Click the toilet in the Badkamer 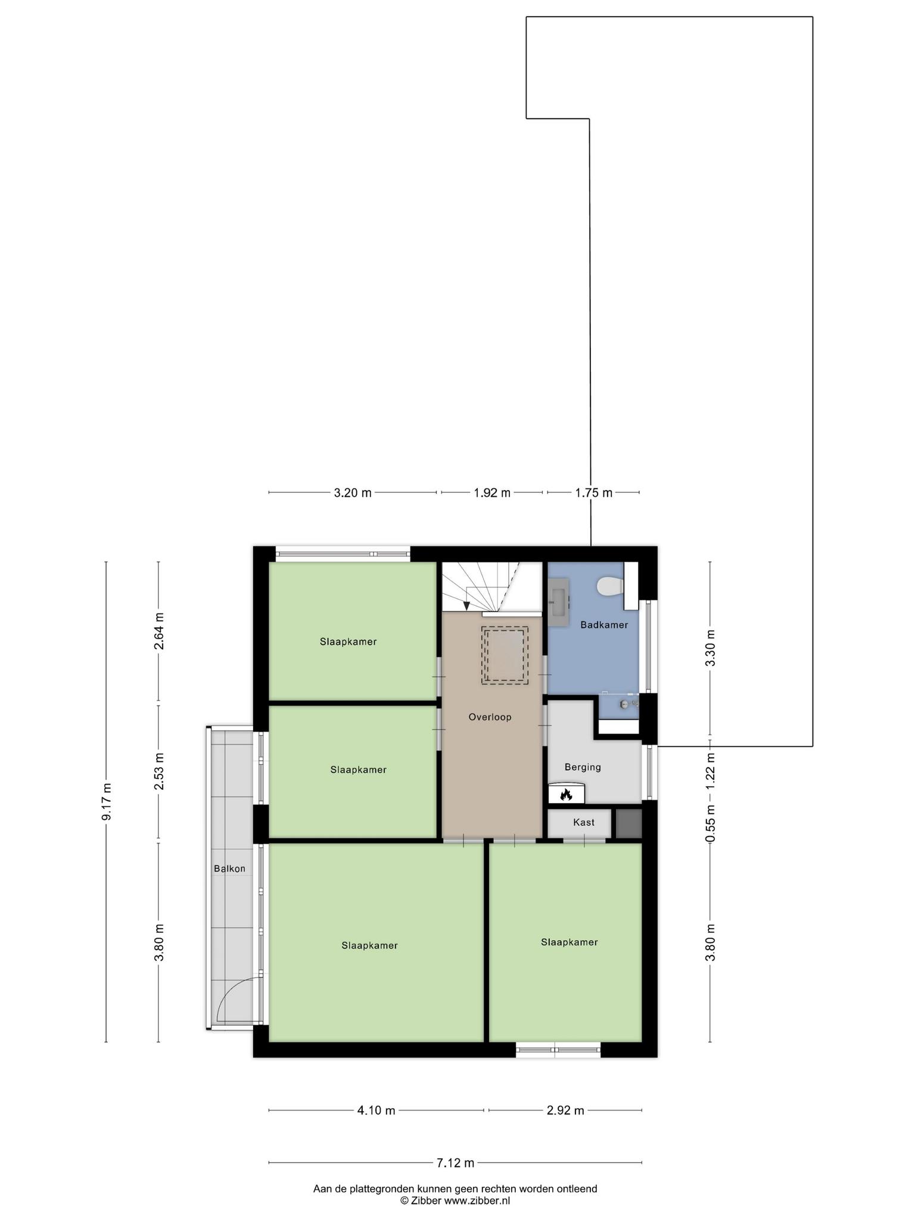(x=611, y=586)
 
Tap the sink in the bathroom (x=558, y=602)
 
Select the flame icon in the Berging (x=566, y=794)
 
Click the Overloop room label (x=490, y=717)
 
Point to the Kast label (x=584, y=823)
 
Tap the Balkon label (x=229, y=869)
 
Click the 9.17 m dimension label (x=107, y=802)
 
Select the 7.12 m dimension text (x=456, y=1162)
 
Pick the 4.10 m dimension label (x=376, y=1110)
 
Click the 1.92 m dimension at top (x=492, y=493)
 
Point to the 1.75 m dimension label (x=593, y=493)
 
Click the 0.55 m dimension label (x=709, y=823)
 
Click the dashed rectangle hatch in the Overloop (x=505, y=655)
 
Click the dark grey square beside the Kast (x=628, y=823)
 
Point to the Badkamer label (x=604, y=625)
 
